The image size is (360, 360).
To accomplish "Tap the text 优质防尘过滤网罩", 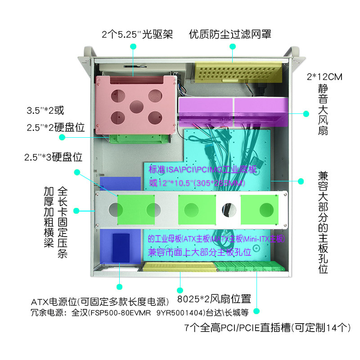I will pos(230,34).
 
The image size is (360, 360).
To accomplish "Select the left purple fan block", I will pos(205,110).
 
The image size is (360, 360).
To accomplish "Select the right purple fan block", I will pos(260,110).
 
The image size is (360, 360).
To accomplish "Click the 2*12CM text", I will pos(324,76).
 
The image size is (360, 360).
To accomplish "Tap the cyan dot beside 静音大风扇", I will pos(306,113).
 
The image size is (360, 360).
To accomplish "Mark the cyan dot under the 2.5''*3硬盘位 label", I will pos(77,172).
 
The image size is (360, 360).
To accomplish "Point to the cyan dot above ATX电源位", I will pos(119,286).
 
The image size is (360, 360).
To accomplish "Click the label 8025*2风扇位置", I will pos(214,299).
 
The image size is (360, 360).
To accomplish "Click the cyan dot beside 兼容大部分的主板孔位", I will pos(301,181).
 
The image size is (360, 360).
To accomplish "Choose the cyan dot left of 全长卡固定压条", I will pos(77,210).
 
